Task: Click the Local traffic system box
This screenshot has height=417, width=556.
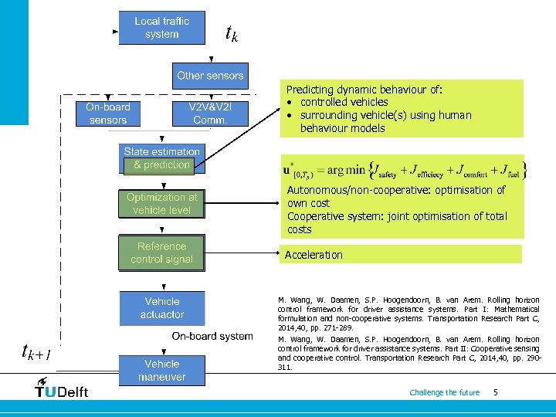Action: (161, 28)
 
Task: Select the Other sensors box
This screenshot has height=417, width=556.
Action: (210, 76)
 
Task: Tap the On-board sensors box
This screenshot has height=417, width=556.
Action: (108, 114)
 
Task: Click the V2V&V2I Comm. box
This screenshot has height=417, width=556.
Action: (210, 114)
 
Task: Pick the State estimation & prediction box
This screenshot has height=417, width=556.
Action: (161, 158)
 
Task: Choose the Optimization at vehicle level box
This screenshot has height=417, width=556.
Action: (161, 203)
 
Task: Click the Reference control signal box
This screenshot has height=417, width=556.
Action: (161, 253)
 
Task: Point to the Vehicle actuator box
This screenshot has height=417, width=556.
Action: (162, 307)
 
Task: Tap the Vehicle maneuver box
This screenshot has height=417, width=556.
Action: (162, 370)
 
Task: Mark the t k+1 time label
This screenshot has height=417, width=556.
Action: (36, 353)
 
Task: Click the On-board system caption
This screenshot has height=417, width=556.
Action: (212, 336)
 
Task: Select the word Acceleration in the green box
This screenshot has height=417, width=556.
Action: (314, 255)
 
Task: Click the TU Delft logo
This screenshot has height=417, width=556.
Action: (62, 388)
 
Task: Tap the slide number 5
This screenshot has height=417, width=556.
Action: (495, 392)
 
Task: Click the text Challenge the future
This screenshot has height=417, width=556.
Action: (444, 392)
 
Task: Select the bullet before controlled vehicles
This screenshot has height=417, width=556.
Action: (288, 103)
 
